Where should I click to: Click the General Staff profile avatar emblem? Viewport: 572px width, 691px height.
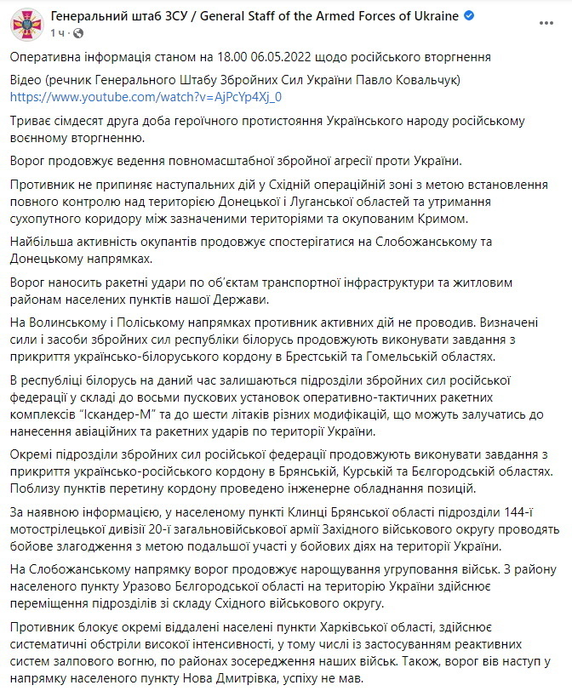pyautogui.click(x=26, y=25)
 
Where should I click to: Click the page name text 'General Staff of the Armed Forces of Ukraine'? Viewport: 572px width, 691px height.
pyautogui.click(x=329, y=16)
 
